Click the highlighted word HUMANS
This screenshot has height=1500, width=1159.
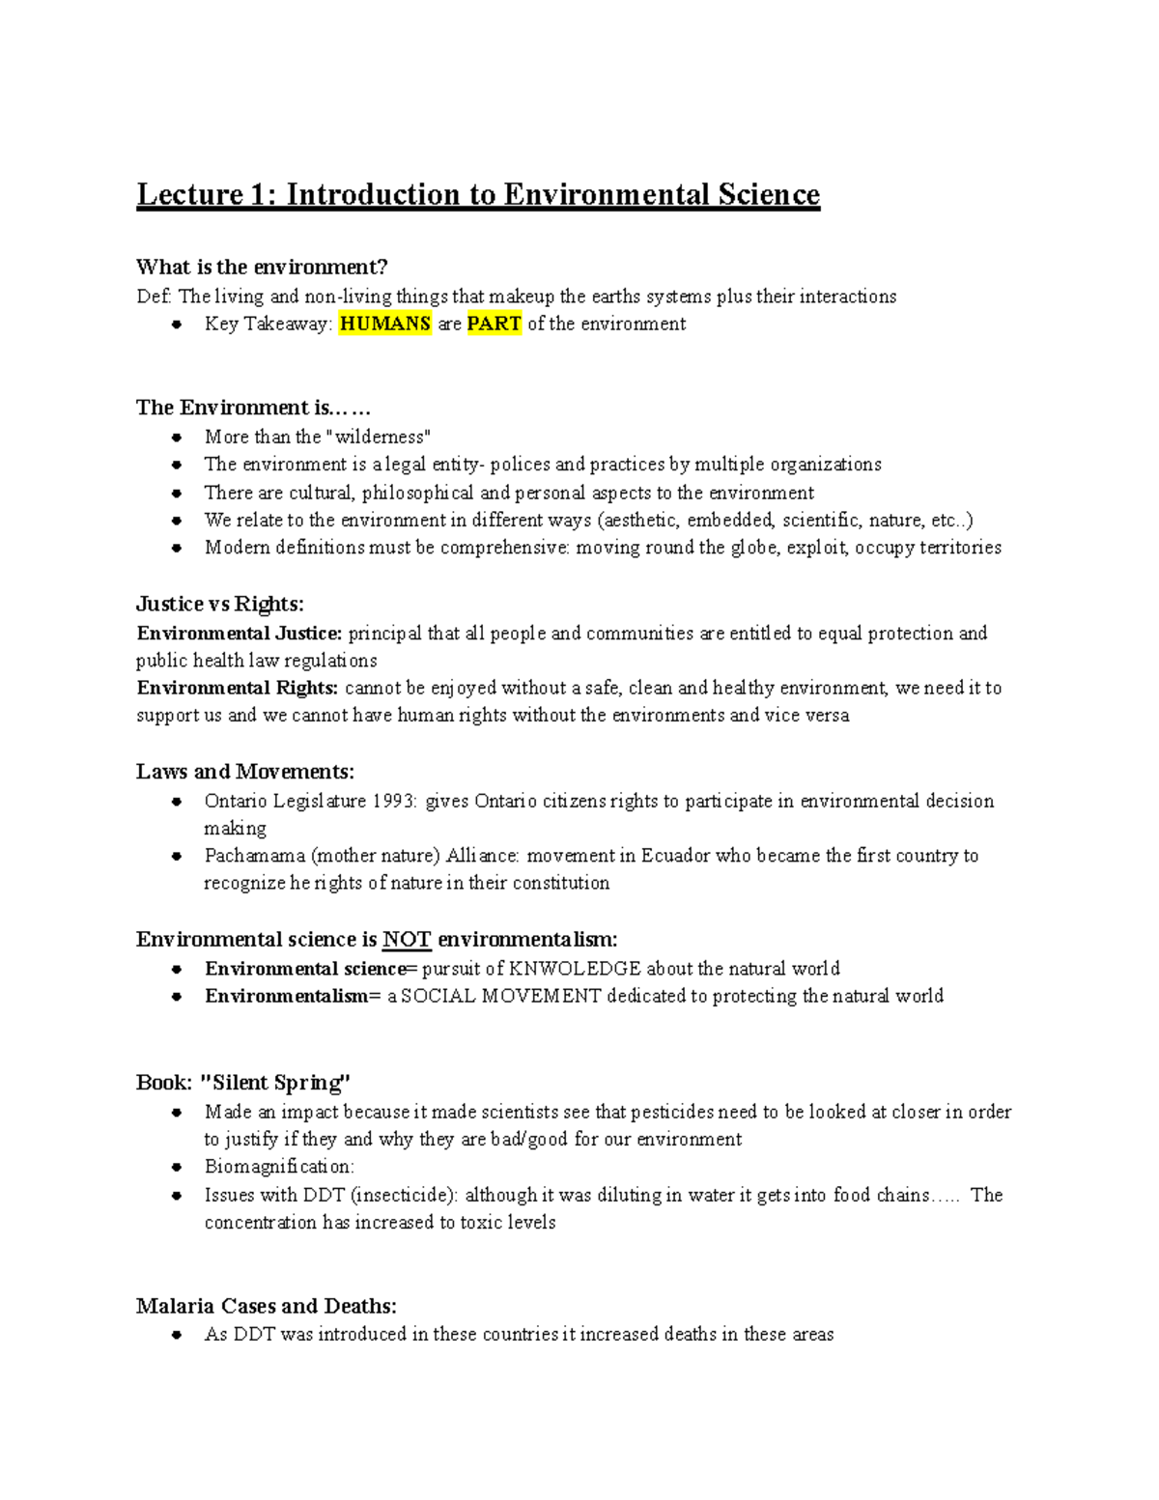(x=385, y=325)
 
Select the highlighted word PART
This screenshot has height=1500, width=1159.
(x=495, y=325)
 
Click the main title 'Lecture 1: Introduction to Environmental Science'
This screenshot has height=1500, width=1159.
(x=478, y=195)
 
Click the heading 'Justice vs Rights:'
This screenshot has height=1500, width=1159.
(x=220, y=605)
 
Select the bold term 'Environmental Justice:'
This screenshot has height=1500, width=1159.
(x=240, y=634)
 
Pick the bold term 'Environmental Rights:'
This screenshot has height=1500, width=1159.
(x=238, y=688)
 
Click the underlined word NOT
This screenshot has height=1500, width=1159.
(x=407, y=940)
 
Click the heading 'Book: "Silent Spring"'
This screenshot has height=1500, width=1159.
(x=243, y=1083)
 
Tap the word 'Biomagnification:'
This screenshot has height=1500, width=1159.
(x=279, y=1167)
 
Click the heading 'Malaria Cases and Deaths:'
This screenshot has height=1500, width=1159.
(x=267, y=1306)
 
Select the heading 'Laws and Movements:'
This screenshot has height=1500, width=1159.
(x=245, y=772)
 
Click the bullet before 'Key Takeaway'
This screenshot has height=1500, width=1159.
(x=177, y=325)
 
